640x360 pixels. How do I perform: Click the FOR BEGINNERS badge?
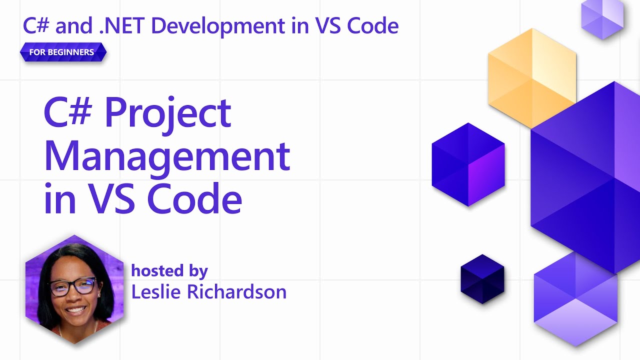[x=63, y=52]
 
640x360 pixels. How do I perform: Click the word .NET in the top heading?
[x=121, y=25]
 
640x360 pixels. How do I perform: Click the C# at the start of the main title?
[x=68, y=112]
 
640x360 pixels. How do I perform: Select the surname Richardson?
[x=237, y=291]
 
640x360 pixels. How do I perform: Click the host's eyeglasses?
[x=73, y=286]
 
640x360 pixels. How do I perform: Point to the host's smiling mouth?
[x=75, y=310]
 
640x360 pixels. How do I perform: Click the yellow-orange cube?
[x=532, y=78]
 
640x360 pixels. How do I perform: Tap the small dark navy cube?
[x=482, y=279]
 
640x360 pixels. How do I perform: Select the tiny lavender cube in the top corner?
[x=602, y=19]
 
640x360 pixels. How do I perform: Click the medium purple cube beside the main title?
[x=468, y=164]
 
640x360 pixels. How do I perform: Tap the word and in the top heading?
[x=73, y=25]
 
